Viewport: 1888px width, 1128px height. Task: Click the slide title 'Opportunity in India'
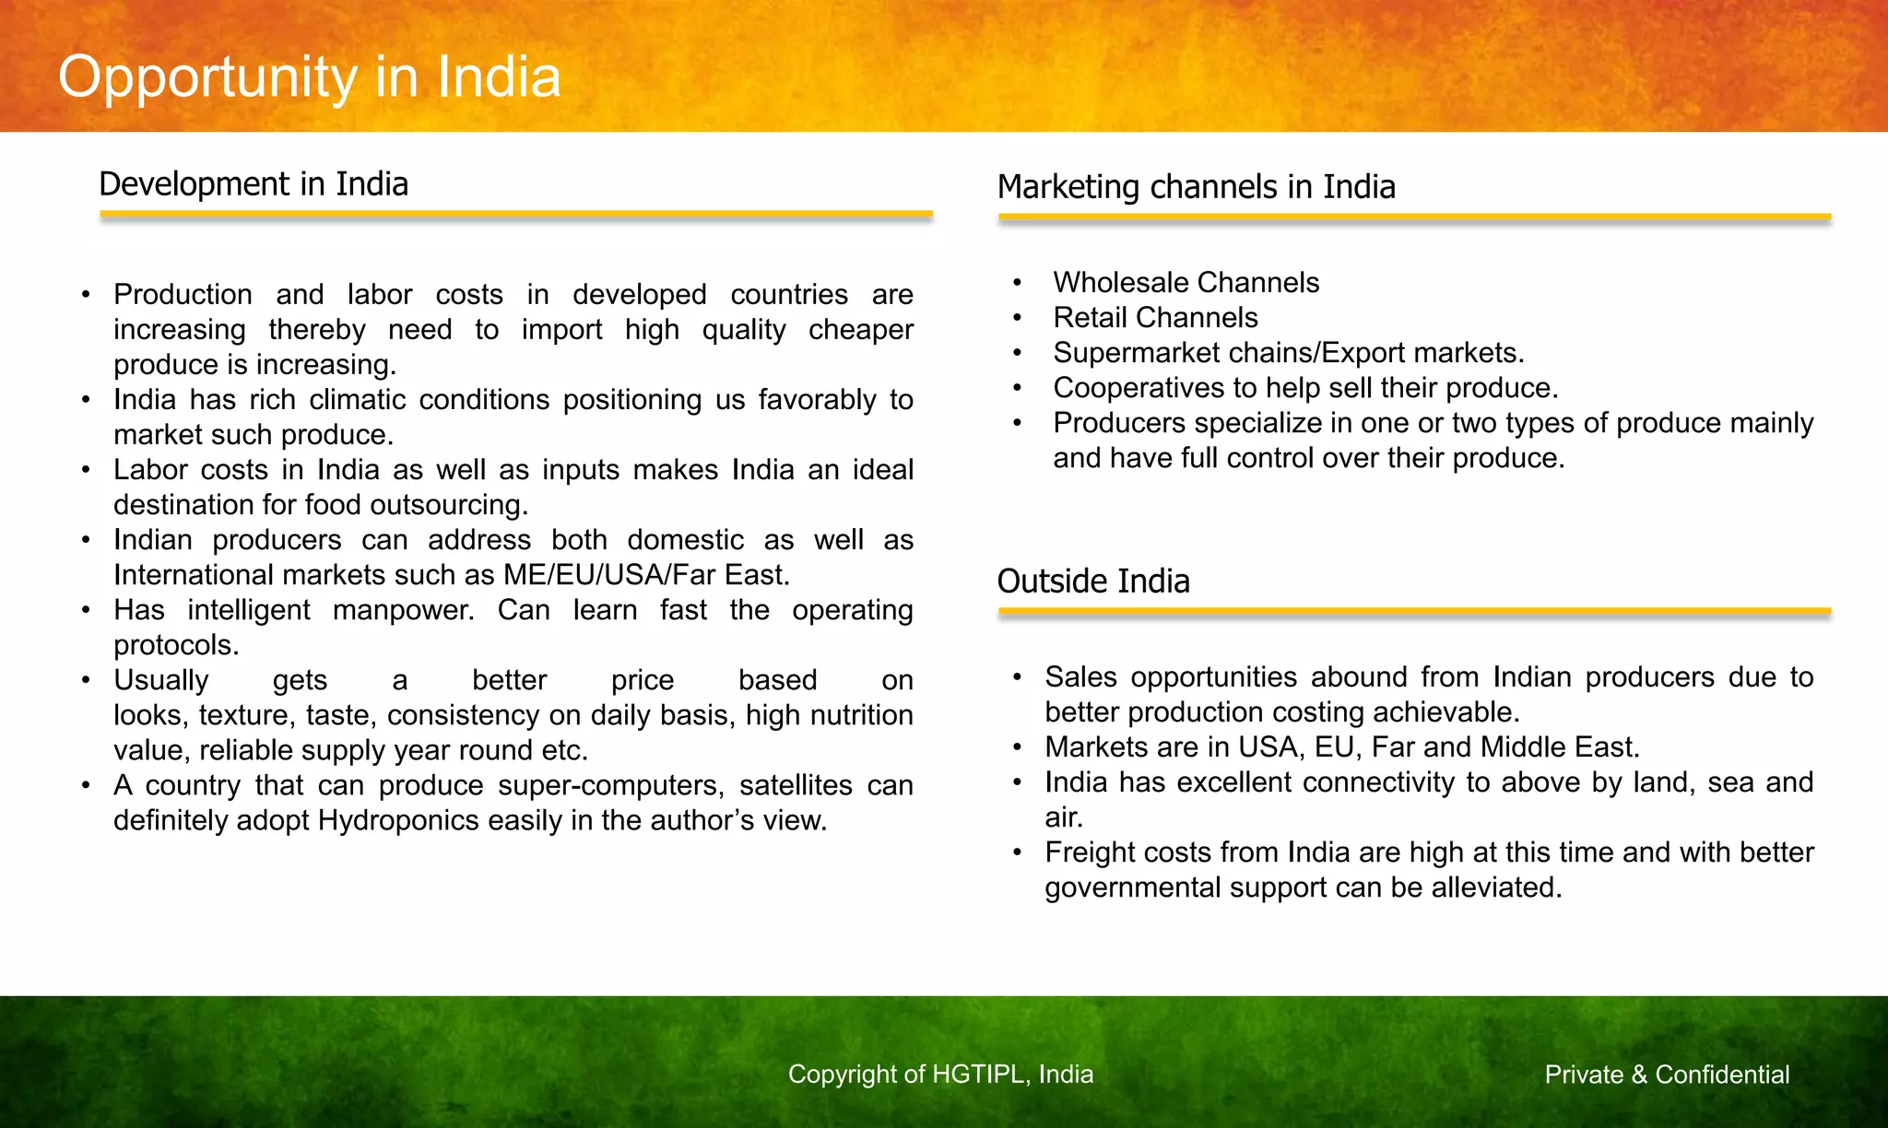(x=309, y=76)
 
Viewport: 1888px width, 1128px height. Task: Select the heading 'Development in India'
(x=254, y=184)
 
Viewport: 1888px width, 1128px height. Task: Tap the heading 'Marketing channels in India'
(x=1196, y=187)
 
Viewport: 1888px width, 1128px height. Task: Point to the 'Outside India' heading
(x=1093, y=582)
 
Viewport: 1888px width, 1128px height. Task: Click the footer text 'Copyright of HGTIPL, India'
(x=940, y=1075)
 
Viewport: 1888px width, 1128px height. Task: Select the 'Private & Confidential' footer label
(x=1667, y=1075)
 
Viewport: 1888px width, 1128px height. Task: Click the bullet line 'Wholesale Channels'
(x=1186, y=282)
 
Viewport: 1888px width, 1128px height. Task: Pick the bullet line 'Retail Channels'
(x=1155, y=317)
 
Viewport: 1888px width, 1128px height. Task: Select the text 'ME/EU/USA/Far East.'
(x=646, y=575)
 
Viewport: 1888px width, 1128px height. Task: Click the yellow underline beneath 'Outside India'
(x=1413, y=611)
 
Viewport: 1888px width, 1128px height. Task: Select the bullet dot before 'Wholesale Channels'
(x=1017, y=283)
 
